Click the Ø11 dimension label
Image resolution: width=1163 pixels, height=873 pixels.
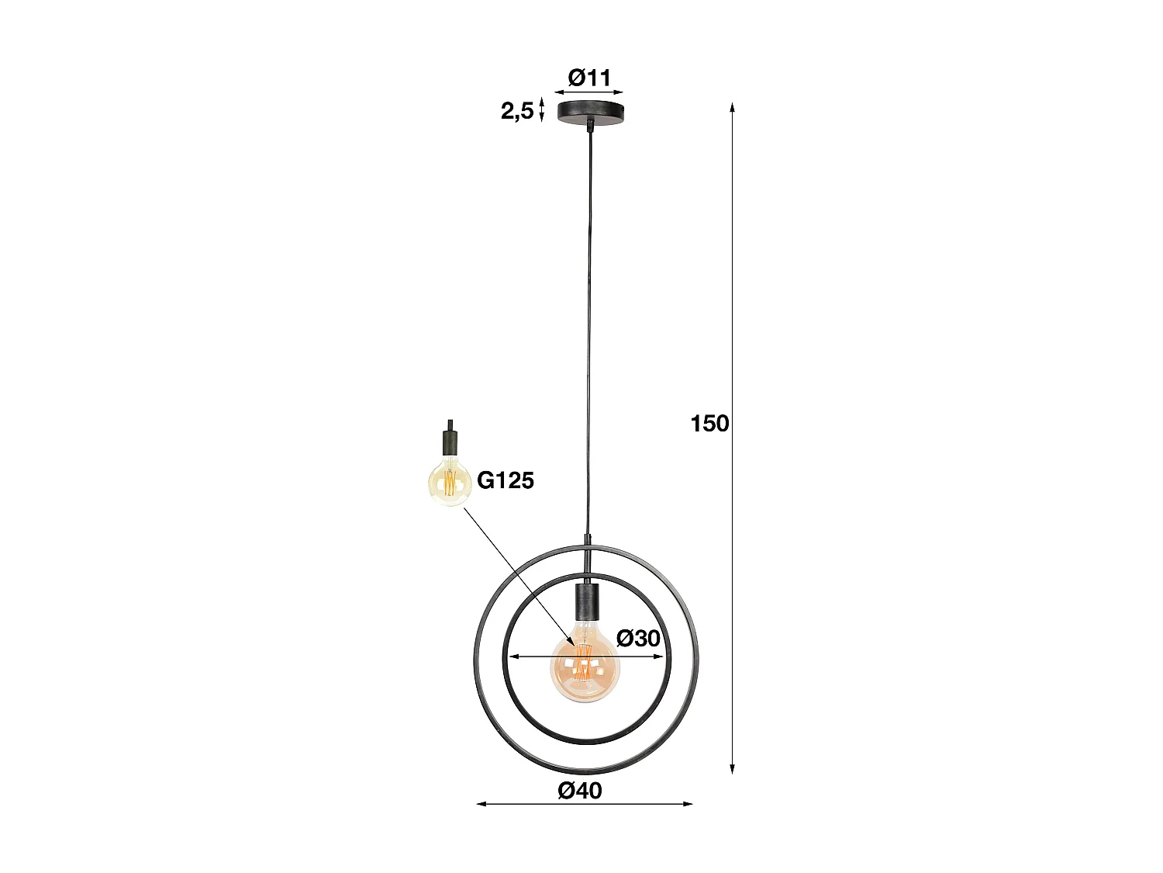(x=589, y=78)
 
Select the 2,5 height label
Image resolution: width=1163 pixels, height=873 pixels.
(x=517, y=112)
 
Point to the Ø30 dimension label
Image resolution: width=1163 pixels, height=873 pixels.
(x=638, y=638)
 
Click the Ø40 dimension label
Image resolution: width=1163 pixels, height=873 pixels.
(x=580, y=805)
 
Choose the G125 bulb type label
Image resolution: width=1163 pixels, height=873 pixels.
(x=506, y=480)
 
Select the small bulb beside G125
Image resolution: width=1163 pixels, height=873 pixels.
(x=450, y=483)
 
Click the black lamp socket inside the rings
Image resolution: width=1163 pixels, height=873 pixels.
(x=585, y=601)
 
